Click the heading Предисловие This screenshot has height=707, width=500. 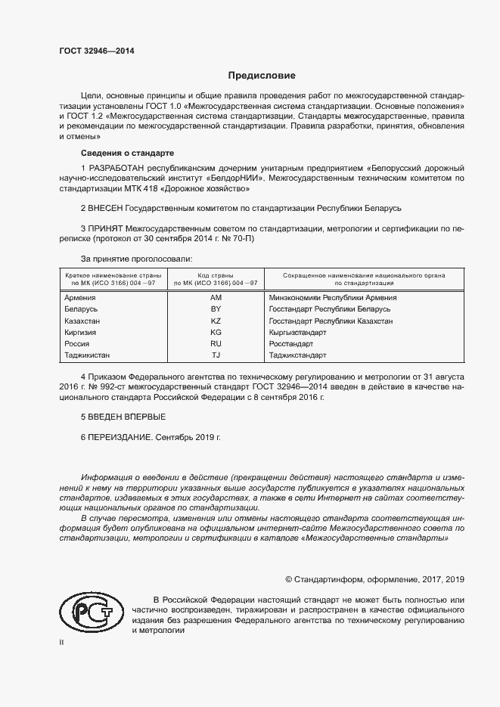coord(262,76)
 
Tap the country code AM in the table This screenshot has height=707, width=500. coord(216,297)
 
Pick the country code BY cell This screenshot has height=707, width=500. coord(216,309)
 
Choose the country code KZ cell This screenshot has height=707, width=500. coord(216,321)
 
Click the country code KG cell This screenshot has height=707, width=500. coord(216,332)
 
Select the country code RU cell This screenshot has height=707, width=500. coord(216,343)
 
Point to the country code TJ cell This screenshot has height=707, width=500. coord(216,355)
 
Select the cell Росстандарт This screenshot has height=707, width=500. coord(291,343)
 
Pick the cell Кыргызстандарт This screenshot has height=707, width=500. coord(297,332)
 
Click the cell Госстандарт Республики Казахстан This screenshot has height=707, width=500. coord(331,321)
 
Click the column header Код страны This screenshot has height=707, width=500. coord(215,274)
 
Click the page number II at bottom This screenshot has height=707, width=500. coord(62,643)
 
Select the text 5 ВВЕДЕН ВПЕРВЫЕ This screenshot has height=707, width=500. coord(123,417)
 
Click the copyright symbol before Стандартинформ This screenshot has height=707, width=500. coord(288,579)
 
